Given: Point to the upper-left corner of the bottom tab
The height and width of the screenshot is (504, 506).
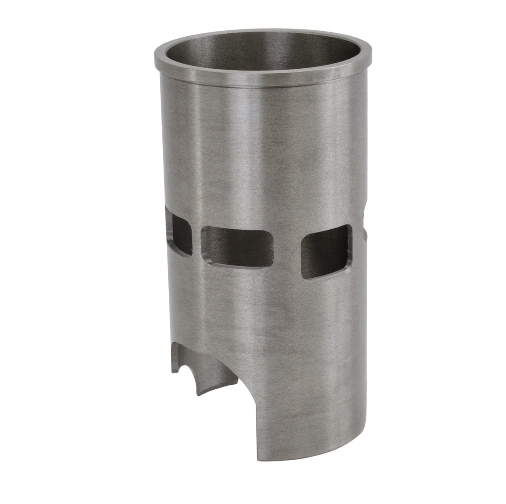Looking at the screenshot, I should [179, 344].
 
